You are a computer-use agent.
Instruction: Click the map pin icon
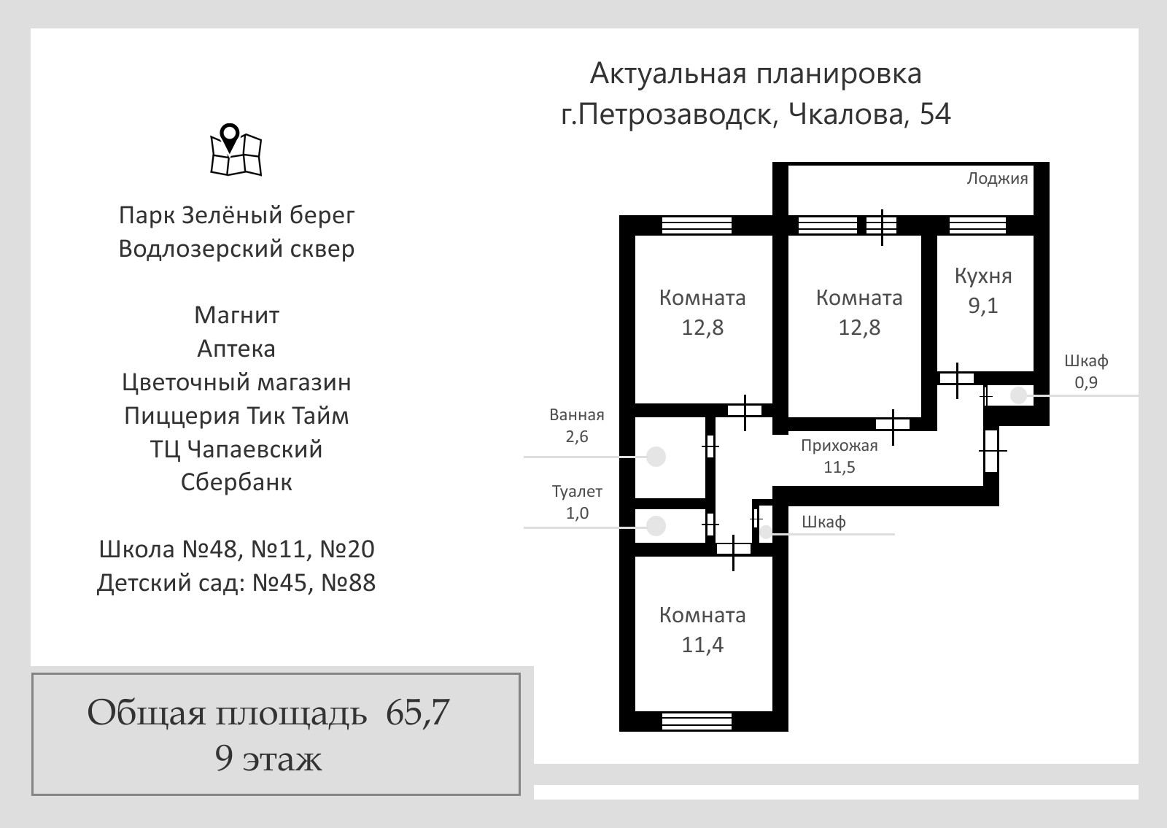tap(236, 150)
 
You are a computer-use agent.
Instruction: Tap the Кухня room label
tap(983, 276)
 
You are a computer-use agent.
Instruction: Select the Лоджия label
tap(997, 179)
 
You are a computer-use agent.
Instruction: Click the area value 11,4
tap(702, 645)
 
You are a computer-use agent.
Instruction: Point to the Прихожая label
tap(840, 446)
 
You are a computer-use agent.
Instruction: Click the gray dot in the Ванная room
tap(656, 457)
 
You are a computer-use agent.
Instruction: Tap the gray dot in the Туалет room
tap(656, 526)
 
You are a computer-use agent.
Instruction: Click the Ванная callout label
tap(577, 415)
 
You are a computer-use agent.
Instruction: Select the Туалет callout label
tap(577, 492)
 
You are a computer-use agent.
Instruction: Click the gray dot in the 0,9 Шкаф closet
tap(1018, 395)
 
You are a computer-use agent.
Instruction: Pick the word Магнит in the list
tap(236, 315)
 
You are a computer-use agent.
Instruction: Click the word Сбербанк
tap(236, 482)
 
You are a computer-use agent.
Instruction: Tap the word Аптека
tap(236, 349)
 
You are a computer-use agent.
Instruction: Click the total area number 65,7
tap(417, 712)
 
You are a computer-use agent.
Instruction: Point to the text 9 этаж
tap(268, 759)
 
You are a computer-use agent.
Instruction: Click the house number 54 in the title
tap(935, 114)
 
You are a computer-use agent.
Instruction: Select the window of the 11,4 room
tap(697, 721)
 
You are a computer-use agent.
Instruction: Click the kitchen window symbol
tap(977, 225)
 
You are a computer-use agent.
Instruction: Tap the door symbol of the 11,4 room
tap(734, 549)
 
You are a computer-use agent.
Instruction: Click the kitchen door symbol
tap(956, 379)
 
